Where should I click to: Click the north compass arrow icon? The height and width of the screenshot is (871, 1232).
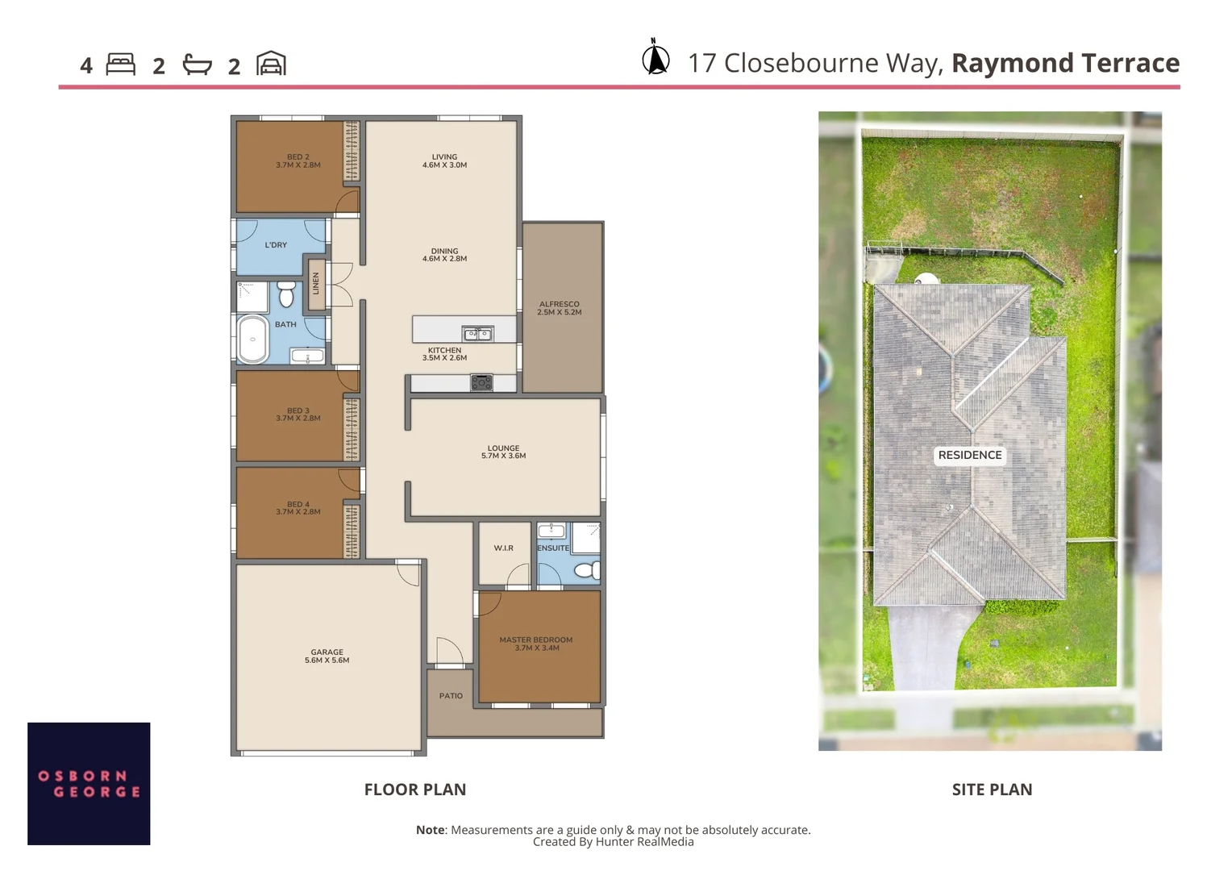click(x=656, y=57)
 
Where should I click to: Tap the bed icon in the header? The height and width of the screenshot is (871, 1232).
click(x=120, y=65)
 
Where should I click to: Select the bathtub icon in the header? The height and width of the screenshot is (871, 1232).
click(x=197, y=65)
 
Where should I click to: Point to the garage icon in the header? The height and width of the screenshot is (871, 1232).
click(x=271, y=64)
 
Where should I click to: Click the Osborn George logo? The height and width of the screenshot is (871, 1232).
click(x=89, y=783)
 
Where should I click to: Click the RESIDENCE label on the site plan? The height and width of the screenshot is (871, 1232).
click(x=969, y=455)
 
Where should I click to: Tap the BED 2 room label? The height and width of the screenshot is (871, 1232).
click(x=298, y=161)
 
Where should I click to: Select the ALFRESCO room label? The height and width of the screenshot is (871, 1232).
click(x=559, y=308)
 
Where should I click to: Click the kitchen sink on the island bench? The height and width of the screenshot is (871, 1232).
click(x=477, y=333)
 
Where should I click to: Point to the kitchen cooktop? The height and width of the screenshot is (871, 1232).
click(x=481, y=383)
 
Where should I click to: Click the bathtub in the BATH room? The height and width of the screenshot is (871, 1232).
click(x=252, y=340)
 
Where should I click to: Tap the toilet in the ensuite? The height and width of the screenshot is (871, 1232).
click(x=587, y=571)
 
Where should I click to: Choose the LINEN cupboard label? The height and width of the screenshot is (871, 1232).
click(x=316, y=283)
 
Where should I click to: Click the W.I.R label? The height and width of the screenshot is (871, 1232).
click(x=503, y=548)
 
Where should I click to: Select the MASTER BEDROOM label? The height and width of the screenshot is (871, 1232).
click(x=535, y=644)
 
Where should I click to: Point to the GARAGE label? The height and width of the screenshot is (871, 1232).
click(x=327, y=656)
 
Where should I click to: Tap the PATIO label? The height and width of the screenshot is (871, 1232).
click(x=451, y=696)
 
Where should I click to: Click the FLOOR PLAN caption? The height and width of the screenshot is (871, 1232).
click(x=414, y=790)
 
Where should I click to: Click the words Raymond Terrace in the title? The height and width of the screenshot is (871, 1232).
click(x=1065, y=63)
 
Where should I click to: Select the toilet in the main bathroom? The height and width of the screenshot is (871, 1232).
click(x=286, y=294)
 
